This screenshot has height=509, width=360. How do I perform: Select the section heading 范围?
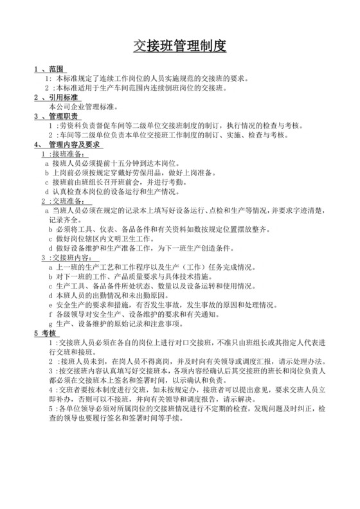tap(56, 69)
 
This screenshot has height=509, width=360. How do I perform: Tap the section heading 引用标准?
tap(63, 98)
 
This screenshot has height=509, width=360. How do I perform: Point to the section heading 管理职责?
tap(63, 116)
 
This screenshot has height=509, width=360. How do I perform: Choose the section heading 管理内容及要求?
tap(74, 145)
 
